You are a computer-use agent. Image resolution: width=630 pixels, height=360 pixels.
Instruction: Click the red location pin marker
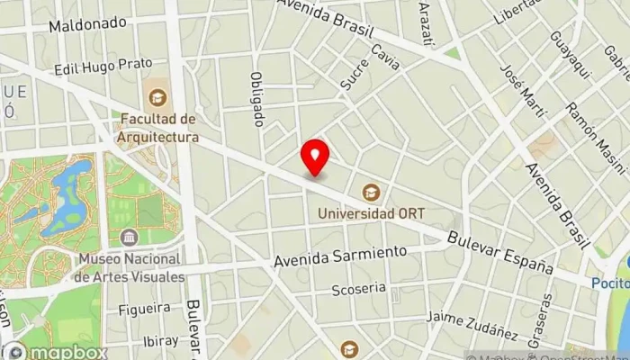[315, 157]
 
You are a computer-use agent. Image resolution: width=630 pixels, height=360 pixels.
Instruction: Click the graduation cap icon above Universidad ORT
[369, 192]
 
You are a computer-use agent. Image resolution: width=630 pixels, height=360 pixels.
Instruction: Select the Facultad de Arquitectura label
[158, 128]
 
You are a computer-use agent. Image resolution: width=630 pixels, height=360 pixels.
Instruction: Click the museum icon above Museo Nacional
[130, 238]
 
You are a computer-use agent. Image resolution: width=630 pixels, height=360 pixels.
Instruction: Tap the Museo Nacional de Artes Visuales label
[130, 267]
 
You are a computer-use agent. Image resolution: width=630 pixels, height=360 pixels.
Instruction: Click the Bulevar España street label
[499, 251]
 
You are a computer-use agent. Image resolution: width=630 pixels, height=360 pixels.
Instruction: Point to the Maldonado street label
[87, 23]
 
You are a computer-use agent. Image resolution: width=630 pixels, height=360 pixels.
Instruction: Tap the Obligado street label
[258, 98]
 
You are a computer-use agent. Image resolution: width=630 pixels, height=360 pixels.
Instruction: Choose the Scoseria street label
[358, 289]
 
